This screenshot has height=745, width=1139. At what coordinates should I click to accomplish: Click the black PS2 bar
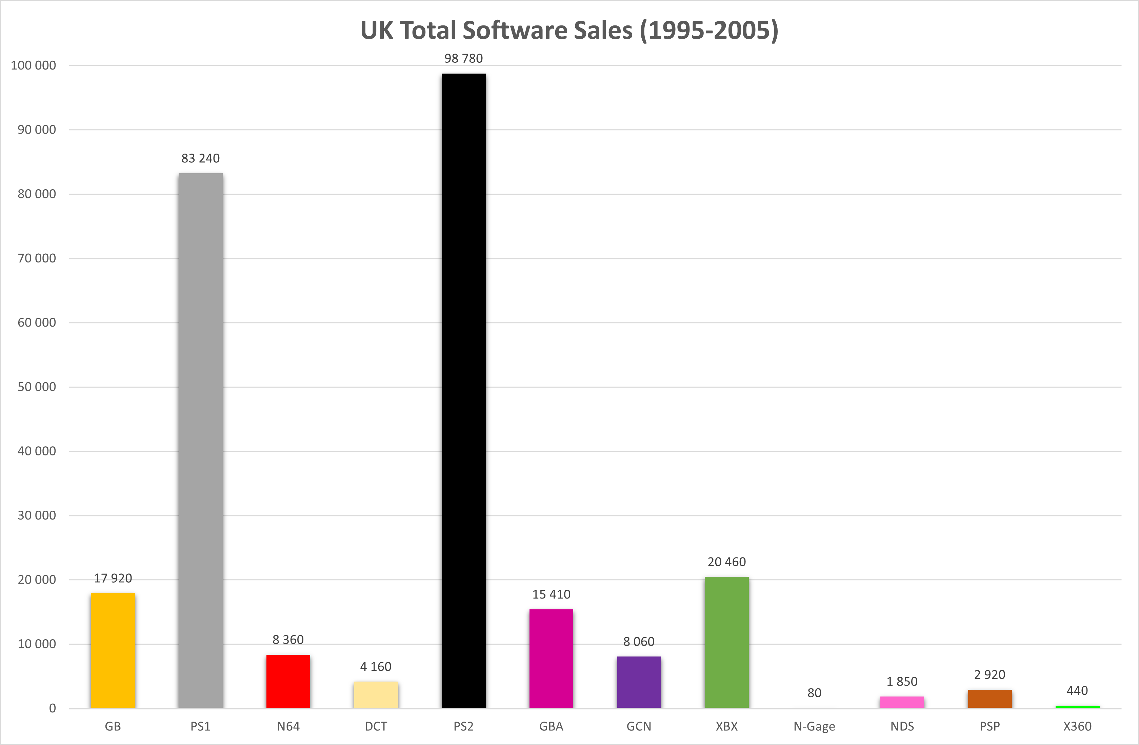(x=463, y=390)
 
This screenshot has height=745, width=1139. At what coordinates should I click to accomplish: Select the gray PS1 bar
(x=201, y=440)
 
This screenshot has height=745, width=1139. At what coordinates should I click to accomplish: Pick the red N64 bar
(x=288, y=681)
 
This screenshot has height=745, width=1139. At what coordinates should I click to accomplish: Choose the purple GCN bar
(x=639, y=682)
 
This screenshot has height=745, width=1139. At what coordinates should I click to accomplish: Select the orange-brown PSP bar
(x=990, y=699)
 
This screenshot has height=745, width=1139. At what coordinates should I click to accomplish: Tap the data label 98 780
(x=463, y=58)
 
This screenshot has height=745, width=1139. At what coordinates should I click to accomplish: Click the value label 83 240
(x=201, y=158)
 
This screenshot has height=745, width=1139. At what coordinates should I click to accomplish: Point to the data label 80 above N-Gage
(x=814, y=693)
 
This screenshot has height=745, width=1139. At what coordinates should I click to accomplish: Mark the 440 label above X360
(x=1077, y=690)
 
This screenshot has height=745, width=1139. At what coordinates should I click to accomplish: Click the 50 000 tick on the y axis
(x=37, y=387)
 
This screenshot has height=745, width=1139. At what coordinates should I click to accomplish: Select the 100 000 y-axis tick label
(x=34, y=65)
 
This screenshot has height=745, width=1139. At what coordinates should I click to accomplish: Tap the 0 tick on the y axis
(x=53, y=708)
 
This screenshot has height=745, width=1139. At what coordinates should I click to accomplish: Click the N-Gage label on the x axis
(x=814, y=727)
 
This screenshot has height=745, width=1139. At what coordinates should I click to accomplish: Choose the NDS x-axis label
(x=902, y=726)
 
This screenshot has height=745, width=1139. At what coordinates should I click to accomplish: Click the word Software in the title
(x=515, y=30)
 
